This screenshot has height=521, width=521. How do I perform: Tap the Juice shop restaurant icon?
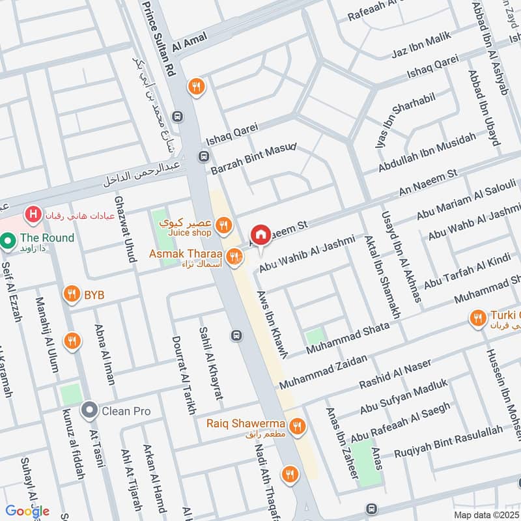(223, 226)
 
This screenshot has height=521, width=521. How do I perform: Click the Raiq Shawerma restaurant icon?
(298, 427)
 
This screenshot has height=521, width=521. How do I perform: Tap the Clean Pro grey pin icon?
(89, 411)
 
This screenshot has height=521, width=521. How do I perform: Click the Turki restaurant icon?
(477, 318)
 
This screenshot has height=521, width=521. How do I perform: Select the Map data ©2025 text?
(486, 514)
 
